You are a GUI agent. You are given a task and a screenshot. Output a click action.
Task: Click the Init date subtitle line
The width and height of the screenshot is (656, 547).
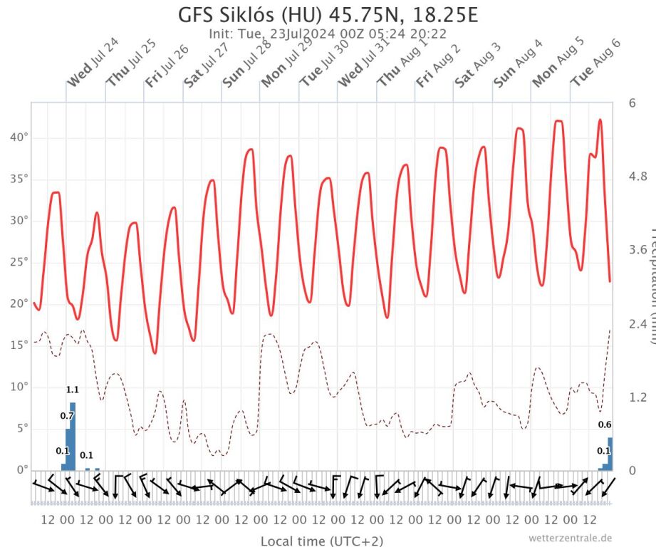pos(327,33)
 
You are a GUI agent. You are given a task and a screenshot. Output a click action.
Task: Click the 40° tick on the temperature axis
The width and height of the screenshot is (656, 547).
pos(19,137)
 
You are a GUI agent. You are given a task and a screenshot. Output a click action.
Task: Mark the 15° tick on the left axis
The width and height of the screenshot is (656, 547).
pos(19,345)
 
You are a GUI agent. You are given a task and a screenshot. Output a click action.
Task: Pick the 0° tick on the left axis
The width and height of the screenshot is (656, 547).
pos(21,470)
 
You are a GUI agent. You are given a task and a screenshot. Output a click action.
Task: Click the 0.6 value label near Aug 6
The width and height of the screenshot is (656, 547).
pos(605,425)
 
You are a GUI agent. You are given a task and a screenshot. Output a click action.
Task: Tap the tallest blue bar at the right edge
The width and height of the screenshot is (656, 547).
pos(610,454)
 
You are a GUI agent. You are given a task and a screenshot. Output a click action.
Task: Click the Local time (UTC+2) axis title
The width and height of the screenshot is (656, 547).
pos(322,541)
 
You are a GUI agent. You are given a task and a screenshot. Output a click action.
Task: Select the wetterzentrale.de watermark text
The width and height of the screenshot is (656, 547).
pos(570,538)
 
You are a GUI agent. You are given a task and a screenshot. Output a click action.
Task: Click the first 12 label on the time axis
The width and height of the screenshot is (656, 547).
pos(48,520)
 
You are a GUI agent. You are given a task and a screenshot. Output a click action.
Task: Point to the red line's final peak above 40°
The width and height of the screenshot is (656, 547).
pos(600,120)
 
